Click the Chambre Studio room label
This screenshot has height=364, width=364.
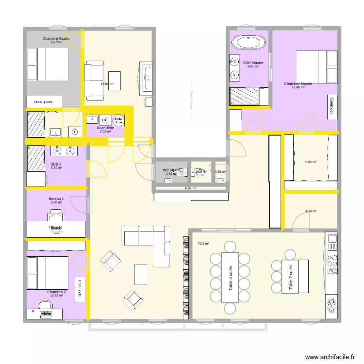(x=56, y=38)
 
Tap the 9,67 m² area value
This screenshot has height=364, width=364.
(x=56, y=42)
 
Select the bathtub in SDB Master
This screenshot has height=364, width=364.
(x=249, y=42)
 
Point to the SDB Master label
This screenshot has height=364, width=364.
(x=253, y=63)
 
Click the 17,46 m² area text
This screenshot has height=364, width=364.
(x=298, y=87)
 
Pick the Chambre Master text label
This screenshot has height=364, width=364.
(x=298, y=83)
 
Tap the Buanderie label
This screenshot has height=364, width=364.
(x=105, y=128)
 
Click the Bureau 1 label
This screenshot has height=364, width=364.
(x=56, y=199)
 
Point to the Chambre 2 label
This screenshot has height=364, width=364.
(x=56, y=292)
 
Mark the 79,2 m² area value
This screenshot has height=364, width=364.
(x=203, y=244)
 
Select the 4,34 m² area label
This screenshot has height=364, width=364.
(x=311, y=211)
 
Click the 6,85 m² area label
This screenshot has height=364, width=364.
(x=311, y=162)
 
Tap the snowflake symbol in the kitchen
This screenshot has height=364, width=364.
(x=332, y=307)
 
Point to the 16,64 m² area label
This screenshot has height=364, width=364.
(x=107, y=83)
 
